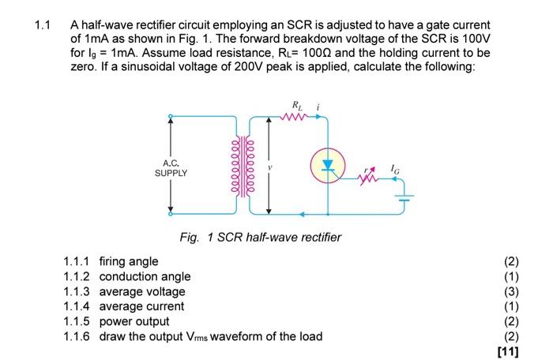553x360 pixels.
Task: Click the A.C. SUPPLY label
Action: (x=171, y=167)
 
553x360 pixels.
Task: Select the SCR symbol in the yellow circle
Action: (x=328, y=164)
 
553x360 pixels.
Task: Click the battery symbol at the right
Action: (x=404, y=196)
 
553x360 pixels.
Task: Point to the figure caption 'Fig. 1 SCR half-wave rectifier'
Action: (x=260, y=237)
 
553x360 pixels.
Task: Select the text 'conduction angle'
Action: (x=145, y=276)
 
